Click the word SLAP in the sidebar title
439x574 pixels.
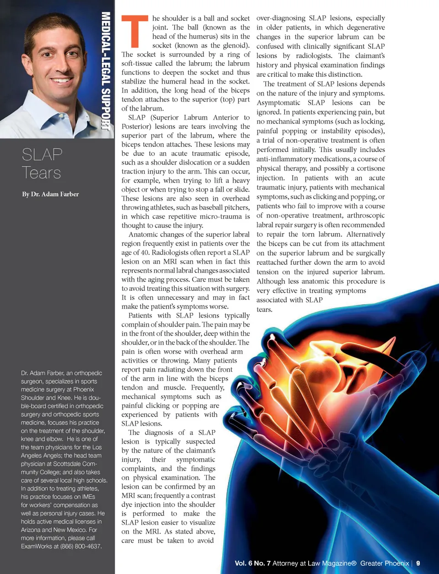pyautogui.click(x=42, y=155)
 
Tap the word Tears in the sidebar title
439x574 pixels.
pyautogui.click(x=41, y=173)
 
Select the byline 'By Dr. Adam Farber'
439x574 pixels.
pyautogui.click(x=50, y=194)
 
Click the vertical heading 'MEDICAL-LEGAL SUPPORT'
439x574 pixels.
pyautogui.click(x=106, y=71)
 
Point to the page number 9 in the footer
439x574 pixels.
pyautogui.click(x=418, y=563)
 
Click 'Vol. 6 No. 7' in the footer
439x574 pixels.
pyautogui.click(x=252, y=563)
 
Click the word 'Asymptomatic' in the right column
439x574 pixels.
pyautogui.click(x=278, y=102)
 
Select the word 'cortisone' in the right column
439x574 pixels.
pyautogui.click(x=368, y=168)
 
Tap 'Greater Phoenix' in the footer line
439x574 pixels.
pyautogui.click(x=384, y=563)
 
